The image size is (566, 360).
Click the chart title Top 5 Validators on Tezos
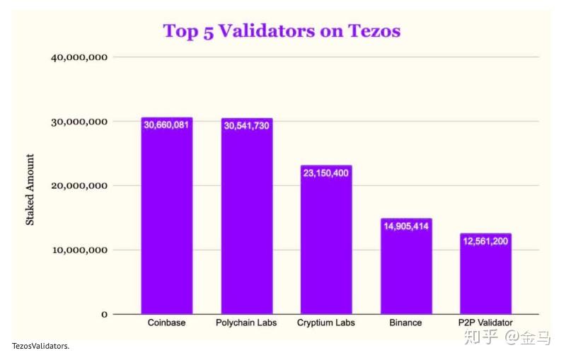click(x=282, y=31)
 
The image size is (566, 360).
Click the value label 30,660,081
click(x=167, y=124)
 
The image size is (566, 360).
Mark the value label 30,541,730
click(x=246, y=125)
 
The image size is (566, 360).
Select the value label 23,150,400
click(x=326, y=173)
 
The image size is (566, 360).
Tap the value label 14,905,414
click(x=406, y=226)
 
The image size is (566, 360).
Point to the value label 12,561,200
click(x=485, y=241)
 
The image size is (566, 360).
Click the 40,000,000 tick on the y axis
click(x=79, y=57)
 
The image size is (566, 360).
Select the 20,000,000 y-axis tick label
click(x=79, y=186)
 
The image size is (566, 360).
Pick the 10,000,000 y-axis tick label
click(x=79, y=250)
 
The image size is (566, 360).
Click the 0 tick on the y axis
click(x=104, y=314)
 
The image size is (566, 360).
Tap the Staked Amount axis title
click(x=30, y=190)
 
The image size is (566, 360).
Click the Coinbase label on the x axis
click(x=167, y=323)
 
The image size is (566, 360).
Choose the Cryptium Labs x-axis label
click(x=326, y=323)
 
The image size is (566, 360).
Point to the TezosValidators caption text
click(x=40, y=346)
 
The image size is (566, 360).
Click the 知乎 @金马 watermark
click(x=507, y=338)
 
